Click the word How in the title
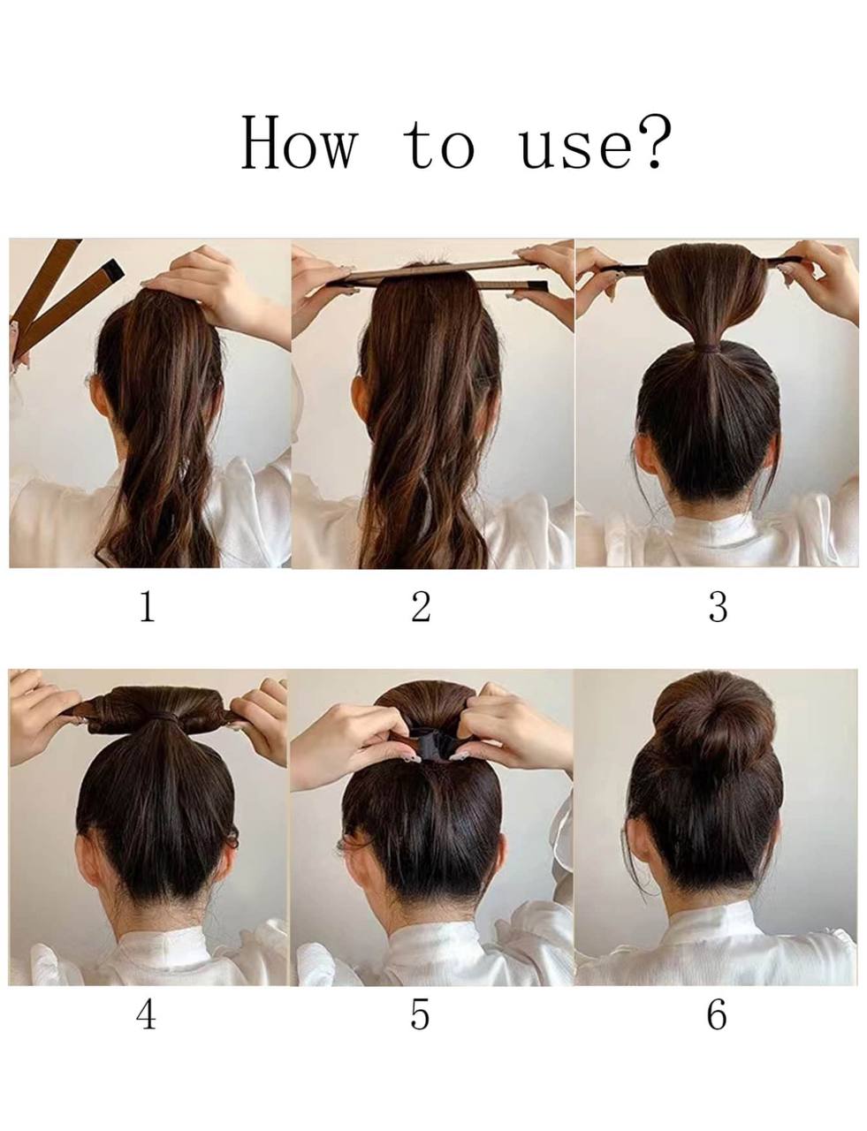point(300,142)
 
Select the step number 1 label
point(148,606)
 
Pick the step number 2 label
point(421,606)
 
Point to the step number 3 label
point(718,607)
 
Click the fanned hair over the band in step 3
point(708,289)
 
